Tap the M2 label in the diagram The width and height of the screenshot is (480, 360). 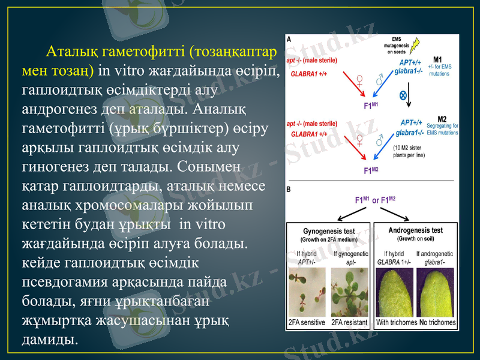click(x=442, y=118)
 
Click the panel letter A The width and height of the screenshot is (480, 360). click(x=289, y=38)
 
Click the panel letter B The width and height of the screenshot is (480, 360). click(x=289, y=189)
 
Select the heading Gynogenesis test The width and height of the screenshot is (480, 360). click(x=327, y=231)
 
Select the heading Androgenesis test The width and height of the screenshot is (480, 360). click(x=416, y=230)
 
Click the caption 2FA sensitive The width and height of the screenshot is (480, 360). click(x=307, y=322)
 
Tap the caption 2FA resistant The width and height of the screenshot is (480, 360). click(x=350, y=322)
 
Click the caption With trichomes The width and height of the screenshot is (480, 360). click(x=396, y=322)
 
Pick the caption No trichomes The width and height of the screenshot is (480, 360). click(x=437, y=322)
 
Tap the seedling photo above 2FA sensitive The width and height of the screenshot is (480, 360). click(x=307, y=293)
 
